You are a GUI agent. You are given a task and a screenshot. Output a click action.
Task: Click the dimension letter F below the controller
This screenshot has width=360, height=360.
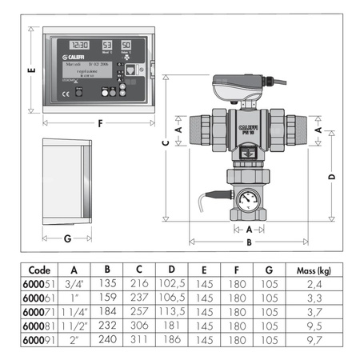(x=98, y=124)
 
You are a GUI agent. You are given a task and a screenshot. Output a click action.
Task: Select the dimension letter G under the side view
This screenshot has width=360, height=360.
(x=68, y=238)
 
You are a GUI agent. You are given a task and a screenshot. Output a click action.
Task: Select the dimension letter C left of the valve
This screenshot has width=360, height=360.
(x=166, y=143)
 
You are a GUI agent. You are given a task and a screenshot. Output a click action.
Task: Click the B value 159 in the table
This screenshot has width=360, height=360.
(x=108, y=297)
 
